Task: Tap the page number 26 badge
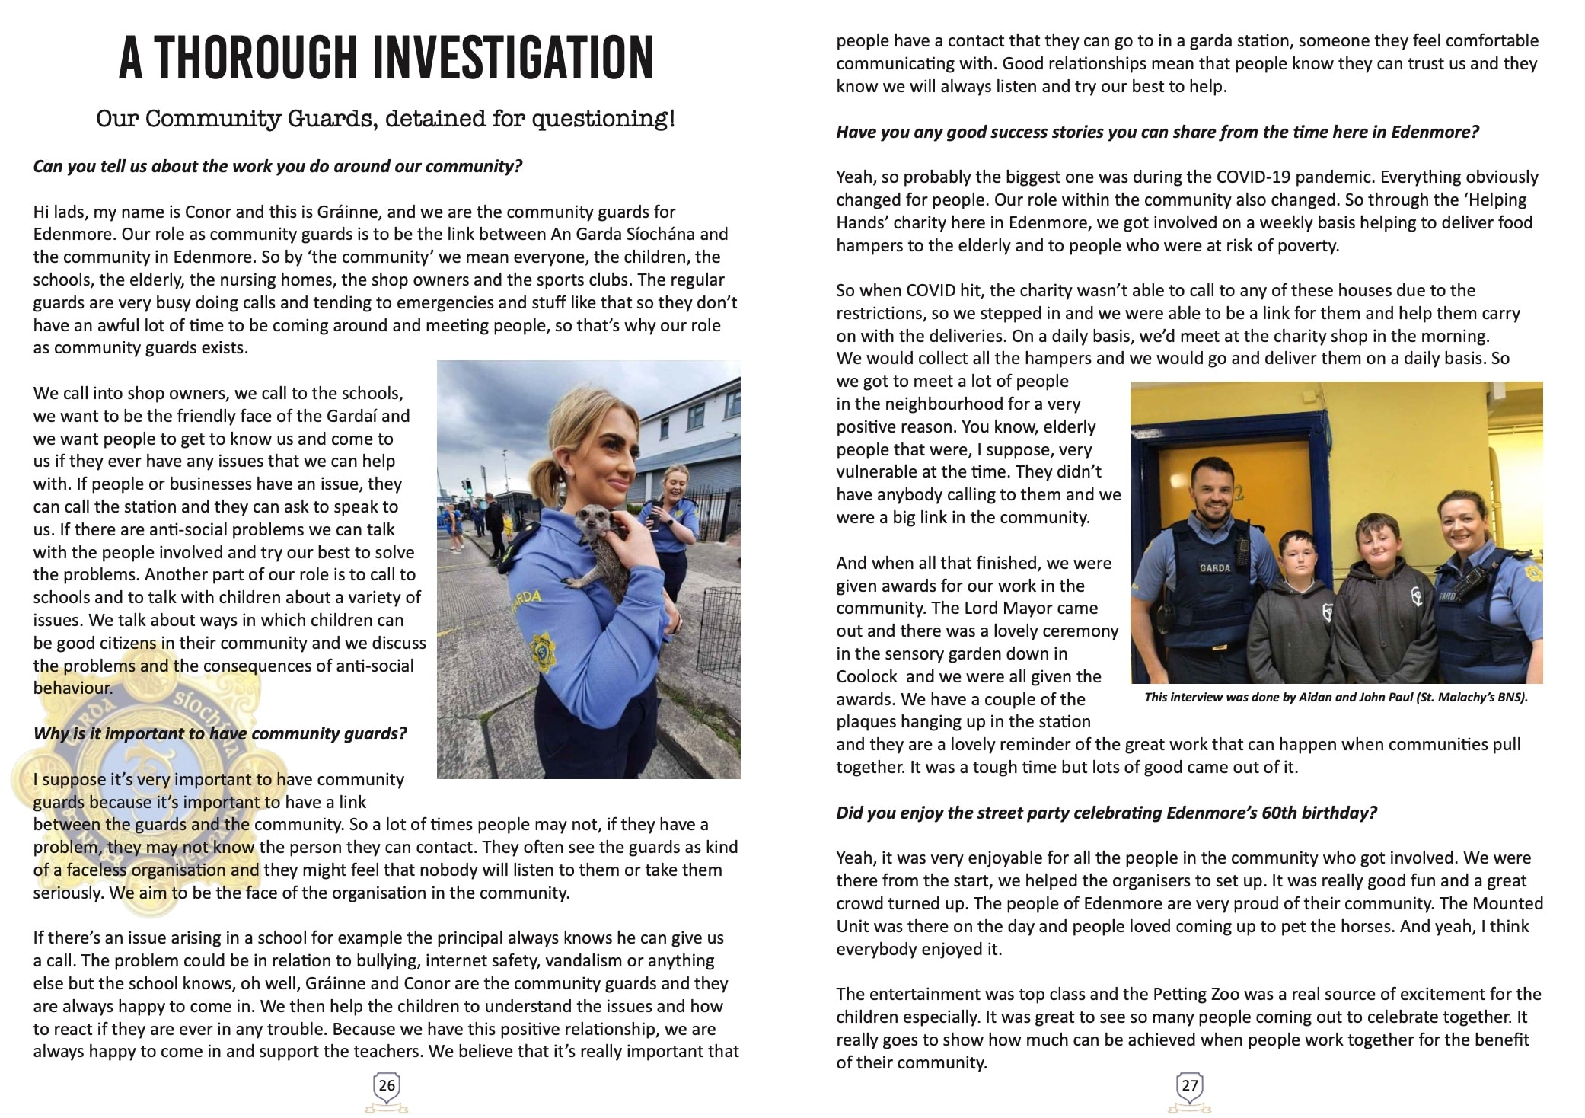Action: (x=387, y=1085)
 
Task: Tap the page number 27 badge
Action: (x=1189, y=1086)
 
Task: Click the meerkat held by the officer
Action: (x=598, y=541)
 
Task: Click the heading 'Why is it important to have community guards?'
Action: (x=220, y=733)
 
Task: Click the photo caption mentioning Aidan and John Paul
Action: (x=1336, y=697)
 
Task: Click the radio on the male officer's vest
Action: (x=1240, y=547)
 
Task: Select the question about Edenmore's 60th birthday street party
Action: (x=1106, y=813)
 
